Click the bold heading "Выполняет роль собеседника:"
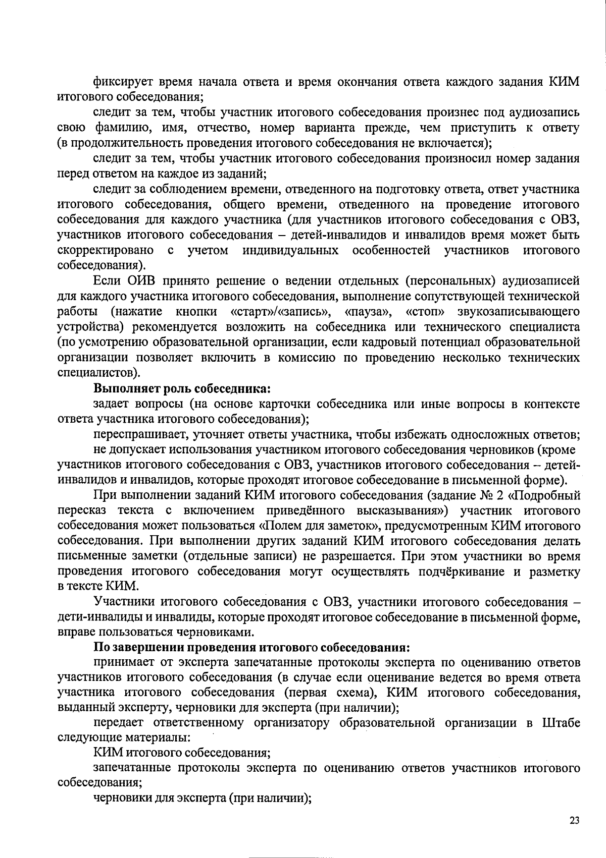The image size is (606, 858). click(182, 389)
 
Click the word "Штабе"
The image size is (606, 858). click(561, 723)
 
